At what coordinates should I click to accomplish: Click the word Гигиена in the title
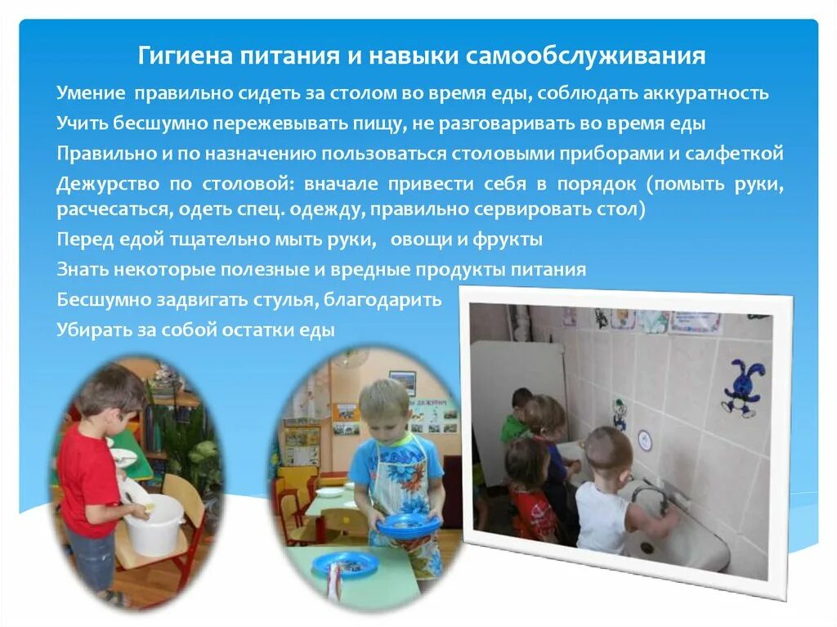pos(184,56)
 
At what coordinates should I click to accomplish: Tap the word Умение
pos(90,92)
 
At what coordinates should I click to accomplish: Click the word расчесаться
pos(110,210)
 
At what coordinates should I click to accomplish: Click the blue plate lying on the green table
pos(344,563)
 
